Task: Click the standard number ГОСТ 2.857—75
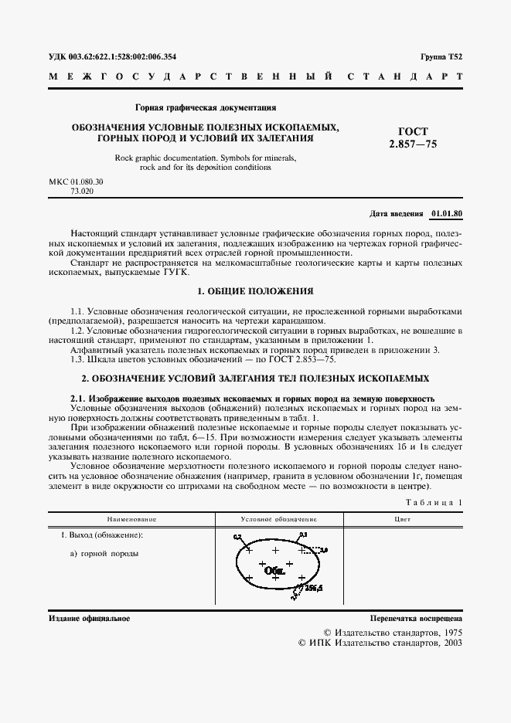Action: (x=417, y=137)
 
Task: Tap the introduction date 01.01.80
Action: (x=448, y=212)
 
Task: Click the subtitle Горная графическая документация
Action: (x=206, y=107)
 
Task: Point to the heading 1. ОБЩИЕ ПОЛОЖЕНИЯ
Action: (x=255, y=291)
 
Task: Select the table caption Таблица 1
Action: (x=437, y=503)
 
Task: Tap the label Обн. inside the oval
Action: (x=274, y=572)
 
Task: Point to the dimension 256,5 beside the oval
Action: (x=312, y=588)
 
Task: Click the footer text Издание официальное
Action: (x=89, y=619)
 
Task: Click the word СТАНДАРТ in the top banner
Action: (x=407, y=77)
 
